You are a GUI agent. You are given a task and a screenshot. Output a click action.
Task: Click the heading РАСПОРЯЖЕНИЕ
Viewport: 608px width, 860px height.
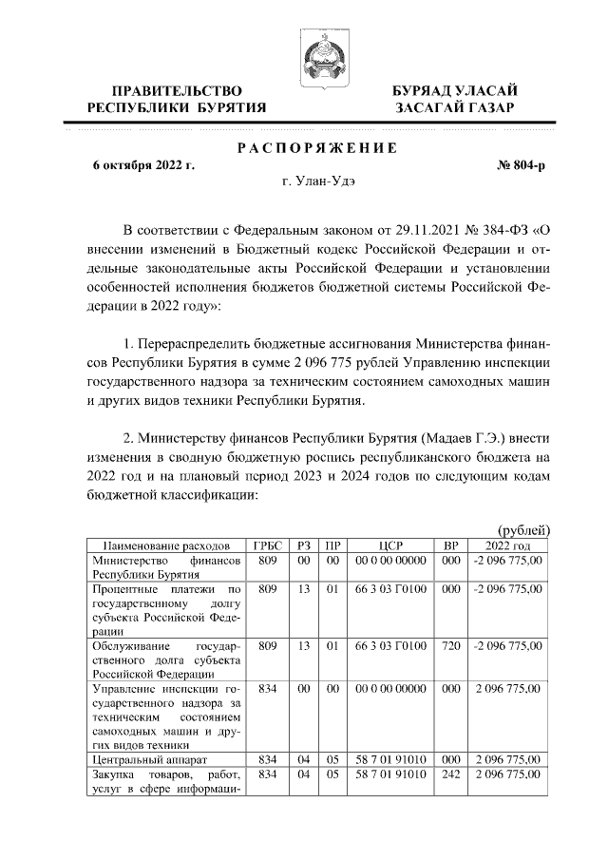tap(304, 147)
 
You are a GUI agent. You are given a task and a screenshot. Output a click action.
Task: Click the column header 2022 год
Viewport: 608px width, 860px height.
tap(507, 546)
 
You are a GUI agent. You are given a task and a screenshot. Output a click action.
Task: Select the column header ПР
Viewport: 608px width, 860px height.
tap(332, 546)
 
